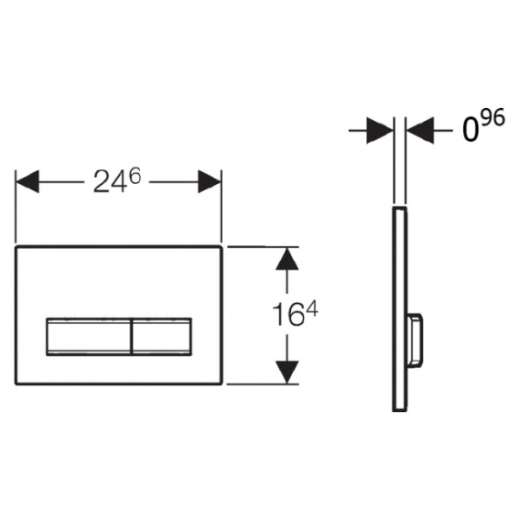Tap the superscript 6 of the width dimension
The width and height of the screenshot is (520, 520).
click(135, 176)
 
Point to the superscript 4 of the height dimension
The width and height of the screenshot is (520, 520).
click(312, 311)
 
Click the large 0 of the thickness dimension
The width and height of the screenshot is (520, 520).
click(471, 130)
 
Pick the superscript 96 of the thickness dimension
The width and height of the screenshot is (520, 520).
click(493, 118)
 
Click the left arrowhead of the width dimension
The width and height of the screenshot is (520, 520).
click(27, 181)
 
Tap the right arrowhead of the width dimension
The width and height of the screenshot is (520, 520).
click(210, 181)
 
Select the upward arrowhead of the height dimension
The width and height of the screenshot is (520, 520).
click(287, 259)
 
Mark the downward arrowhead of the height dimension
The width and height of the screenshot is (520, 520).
click(287, 372)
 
